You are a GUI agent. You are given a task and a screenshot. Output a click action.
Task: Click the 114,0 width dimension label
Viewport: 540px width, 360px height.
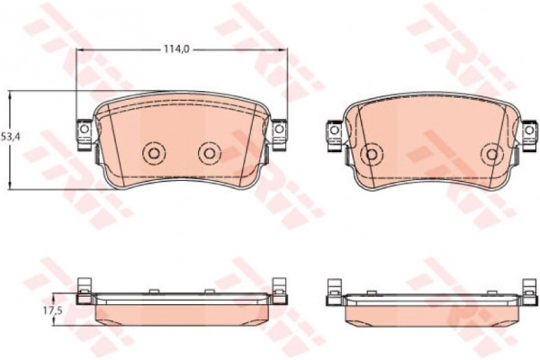[x=176, y=49]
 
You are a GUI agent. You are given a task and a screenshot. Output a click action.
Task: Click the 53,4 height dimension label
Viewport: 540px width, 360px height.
[x=11, y=136]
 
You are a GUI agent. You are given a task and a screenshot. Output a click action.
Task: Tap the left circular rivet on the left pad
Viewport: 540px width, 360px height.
[x=154, y=153]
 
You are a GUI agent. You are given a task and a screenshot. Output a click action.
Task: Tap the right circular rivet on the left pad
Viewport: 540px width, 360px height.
[x=210, y=153]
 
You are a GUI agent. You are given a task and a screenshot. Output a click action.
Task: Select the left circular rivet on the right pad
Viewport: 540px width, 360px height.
[x=371, y=154]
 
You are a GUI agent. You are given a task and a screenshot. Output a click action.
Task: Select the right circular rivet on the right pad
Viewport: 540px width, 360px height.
[x=493, y=154]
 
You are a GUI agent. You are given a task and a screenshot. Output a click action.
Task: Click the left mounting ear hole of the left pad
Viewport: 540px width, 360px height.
[x=84, y=130]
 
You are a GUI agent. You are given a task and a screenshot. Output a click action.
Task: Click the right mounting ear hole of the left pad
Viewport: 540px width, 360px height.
[x=279, y=130]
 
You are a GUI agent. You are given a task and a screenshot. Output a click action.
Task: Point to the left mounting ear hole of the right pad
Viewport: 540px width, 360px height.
[x=334, y=130]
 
